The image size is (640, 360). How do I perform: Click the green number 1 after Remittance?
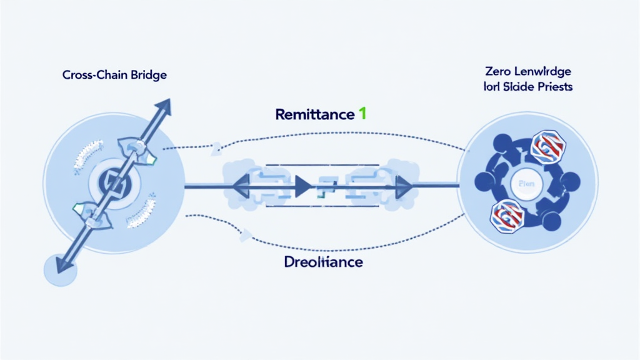(x=362, y=114)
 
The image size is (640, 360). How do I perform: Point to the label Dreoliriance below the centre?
(x=323, y=262)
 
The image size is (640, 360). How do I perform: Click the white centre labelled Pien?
(x=527, y=184)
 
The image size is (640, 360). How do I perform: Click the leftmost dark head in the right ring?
(x=482, y=182)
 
